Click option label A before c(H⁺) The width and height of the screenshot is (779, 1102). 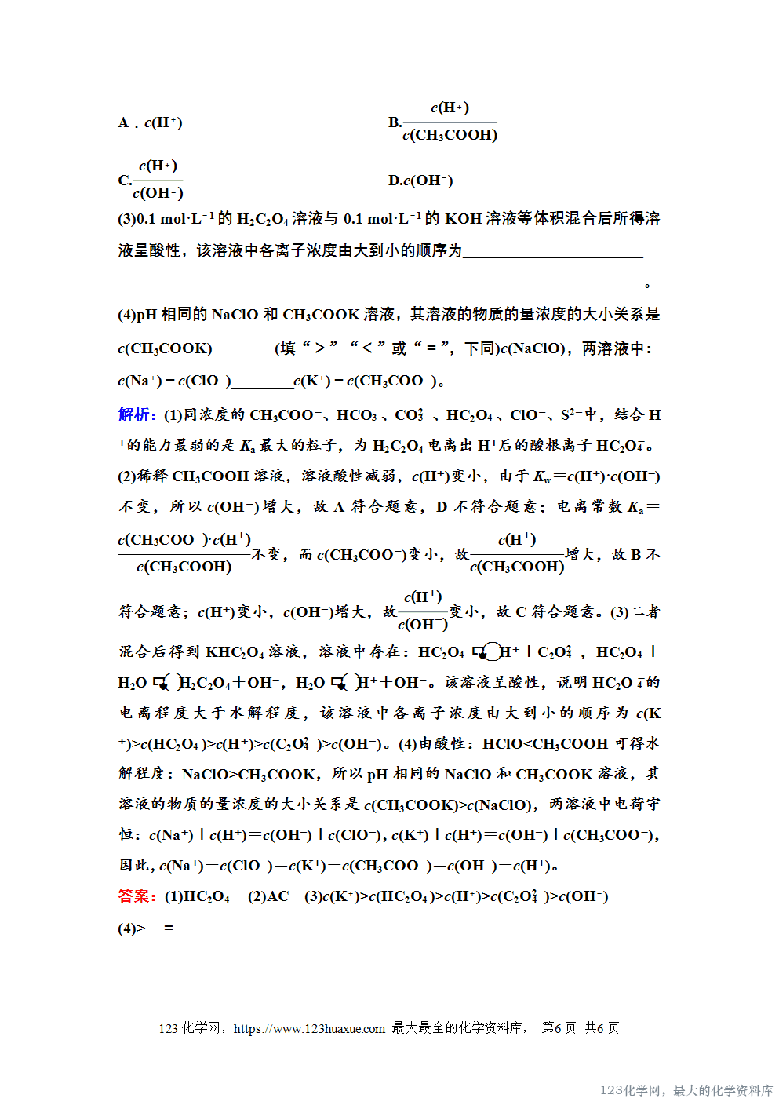pyautogui.click(x=124, y=122)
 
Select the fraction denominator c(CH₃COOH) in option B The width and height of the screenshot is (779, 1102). pyautogui.click(x=450, y=135)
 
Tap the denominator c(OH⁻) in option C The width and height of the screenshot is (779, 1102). pyautogui.click(x=158, y=193)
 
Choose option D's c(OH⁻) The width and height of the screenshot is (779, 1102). pyautogui.click(x=428, y=181)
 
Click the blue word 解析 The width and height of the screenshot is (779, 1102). pyautogui.click(x=137, y=414)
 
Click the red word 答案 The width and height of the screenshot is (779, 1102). pyautogui.click(x=137, y=896)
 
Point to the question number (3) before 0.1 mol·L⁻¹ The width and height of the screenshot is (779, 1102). pyautogui.click(x=126, y=219)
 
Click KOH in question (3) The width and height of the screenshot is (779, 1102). pyautogui.click(x=463, y=219)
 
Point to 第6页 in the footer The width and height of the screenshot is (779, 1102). pyautogui.click(x=559, y=1028)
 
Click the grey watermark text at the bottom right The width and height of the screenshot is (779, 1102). pyautogui.click(x=686, y=1090)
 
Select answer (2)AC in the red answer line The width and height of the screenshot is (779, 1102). pyautogui.click(x=268, y=896)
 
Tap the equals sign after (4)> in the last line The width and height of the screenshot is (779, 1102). pyautogui.click(x=168, y=929)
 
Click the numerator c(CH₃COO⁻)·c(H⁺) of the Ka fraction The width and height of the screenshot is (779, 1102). pyautogui.click(x=184, y=540)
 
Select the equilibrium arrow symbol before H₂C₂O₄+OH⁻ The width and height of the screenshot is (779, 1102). pyautogui.click(x=168, y=683)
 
